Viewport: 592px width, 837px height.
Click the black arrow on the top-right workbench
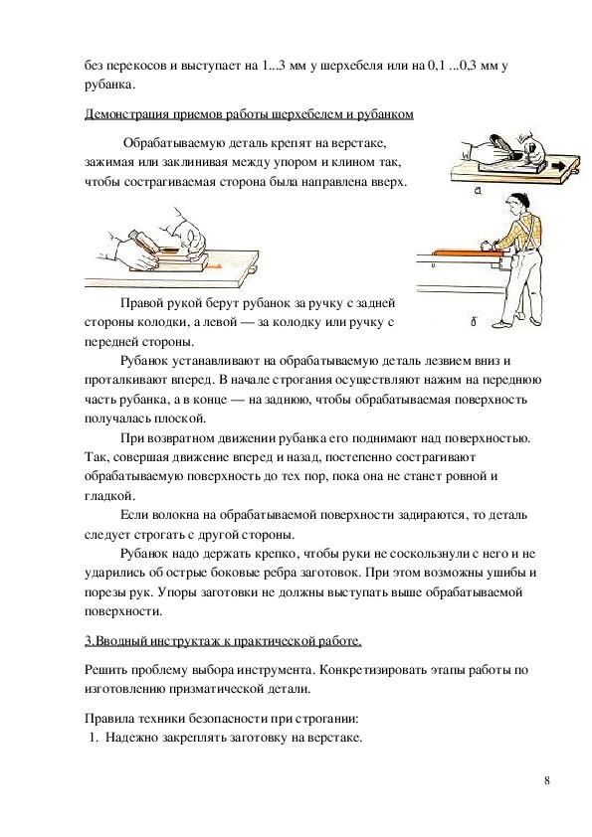557,167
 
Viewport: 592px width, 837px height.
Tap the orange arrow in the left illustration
213,265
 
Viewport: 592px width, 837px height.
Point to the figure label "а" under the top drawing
478,190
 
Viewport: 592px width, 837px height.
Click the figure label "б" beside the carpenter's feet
474,322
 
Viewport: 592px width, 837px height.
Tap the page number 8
546,780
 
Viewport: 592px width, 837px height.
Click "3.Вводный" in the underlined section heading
115,640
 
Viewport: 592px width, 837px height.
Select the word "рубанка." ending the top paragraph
110,84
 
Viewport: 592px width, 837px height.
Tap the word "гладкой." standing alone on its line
109,496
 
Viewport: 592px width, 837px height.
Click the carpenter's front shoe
497,324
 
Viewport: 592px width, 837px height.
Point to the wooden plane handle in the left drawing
144,242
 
